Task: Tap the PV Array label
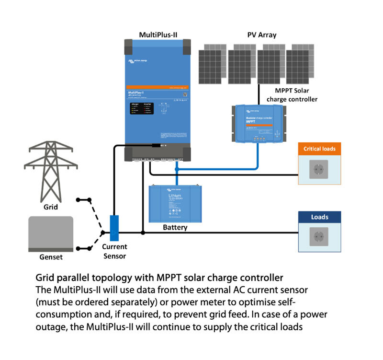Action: click(261, 35)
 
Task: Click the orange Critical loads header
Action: click(319, 149)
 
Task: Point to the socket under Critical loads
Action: click(319, 170)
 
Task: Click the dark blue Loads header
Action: click(319, 217)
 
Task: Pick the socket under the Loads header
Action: click(319, 238)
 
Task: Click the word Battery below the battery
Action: click(175, 228)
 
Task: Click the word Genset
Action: click(51, 257)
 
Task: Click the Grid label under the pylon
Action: click(50, 207)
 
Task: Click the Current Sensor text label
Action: click(114, 251)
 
